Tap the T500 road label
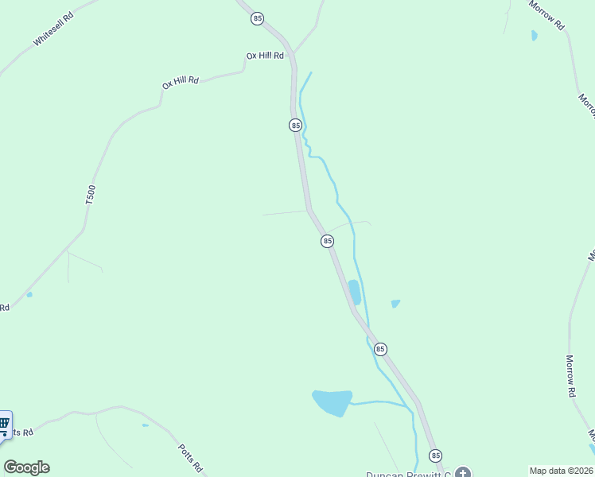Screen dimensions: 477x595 coord(91,196)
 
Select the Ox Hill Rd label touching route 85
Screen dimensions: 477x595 coord(265,56)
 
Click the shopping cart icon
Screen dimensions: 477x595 coord(4,424)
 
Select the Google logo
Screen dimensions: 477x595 coord(26,467)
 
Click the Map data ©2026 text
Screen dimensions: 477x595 coord(562,471)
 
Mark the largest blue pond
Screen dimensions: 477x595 coord(332,402)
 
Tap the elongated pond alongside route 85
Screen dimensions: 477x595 coord(354,292)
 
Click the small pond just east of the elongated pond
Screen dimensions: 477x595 coord(395,304)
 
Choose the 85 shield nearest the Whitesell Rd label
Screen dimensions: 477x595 coord(257,17)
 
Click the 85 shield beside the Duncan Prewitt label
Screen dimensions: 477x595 coord(435,456)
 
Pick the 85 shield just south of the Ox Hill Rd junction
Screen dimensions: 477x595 coord(295,126)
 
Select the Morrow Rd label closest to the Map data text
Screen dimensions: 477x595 coord(570,376)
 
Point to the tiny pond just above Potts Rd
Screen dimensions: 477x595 coord(145,425)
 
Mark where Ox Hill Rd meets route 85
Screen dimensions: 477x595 coord(292,54)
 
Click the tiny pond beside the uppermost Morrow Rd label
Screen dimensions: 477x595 coord(534,36)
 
